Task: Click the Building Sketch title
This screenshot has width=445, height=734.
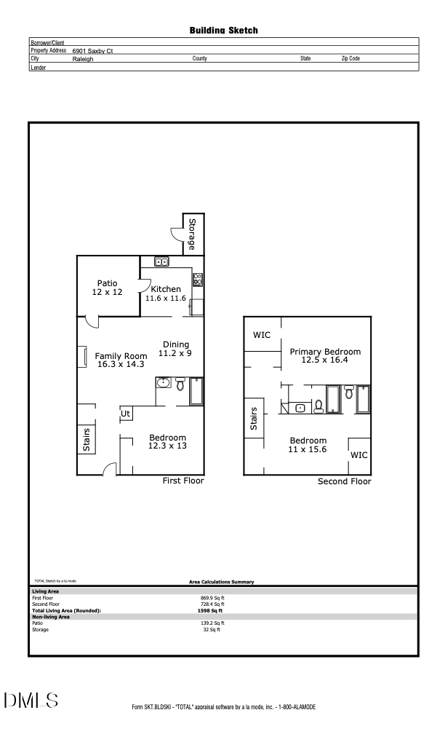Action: [223, 31]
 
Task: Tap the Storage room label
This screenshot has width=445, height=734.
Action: [192, 234]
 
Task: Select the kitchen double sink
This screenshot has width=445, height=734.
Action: [161, 262]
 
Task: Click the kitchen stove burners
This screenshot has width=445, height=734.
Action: [197, 279]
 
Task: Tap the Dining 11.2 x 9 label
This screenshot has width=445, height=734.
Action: [175, 349]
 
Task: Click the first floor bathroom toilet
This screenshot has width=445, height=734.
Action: [181, 383]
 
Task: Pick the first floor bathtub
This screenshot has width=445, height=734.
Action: [197, 390]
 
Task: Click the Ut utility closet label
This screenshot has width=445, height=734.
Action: [125, 414]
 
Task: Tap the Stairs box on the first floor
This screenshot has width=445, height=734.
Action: [87, 439]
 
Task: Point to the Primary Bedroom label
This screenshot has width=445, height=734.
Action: [325, 355]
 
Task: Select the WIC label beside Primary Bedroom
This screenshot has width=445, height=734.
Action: [262, 335]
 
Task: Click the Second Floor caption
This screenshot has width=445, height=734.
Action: [344, 481]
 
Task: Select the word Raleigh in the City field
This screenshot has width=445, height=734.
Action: [83, 58]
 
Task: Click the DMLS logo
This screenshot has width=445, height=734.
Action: [31, 701]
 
